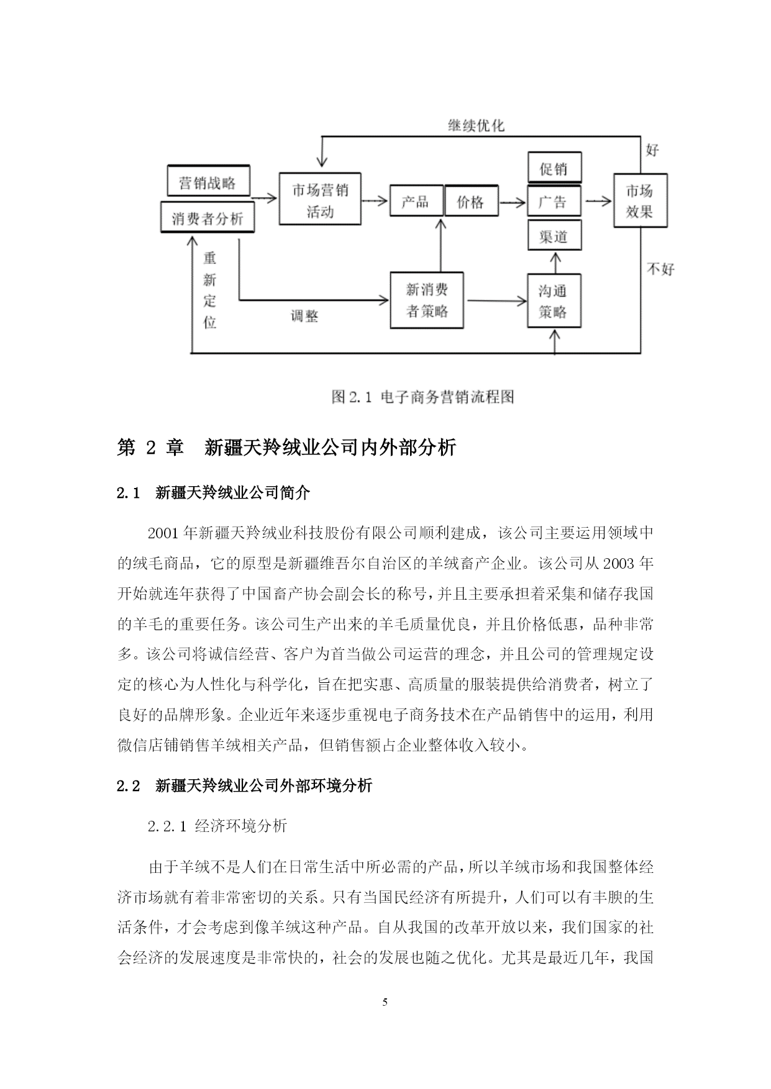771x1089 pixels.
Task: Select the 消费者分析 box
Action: [x=208, y=217]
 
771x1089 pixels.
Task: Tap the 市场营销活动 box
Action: [x=320, y=199]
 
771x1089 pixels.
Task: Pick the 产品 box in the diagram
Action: [x=416, y=201]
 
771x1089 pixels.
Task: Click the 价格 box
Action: [x=471, y=201]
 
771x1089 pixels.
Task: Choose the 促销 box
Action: [x=554, y=167]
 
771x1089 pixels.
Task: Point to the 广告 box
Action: [x=554, y=201]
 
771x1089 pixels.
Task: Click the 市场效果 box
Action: [x=640, y=201]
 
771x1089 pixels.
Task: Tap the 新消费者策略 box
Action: [x=427, y=300]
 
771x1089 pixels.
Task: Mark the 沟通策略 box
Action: [x=554, y=300]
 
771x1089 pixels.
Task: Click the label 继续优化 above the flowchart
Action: [x=477, y=125]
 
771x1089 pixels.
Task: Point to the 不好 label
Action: [x=660, y=269]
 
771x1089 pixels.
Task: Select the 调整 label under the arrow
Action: [x=304, y=316]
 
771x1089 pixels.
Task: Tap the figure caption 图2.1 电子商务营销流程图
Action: [x=423, y=397]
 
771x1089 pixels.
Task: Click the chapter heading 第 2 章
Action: [x=150, y=447]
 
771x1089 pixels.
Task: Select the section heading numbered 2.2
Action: [x=245, y=785]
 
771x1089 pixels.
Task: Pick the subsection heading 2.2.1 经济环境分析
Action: [x=217, y=826]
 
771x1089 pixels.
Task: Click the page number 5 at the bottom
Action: [x=385, y=1001]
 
